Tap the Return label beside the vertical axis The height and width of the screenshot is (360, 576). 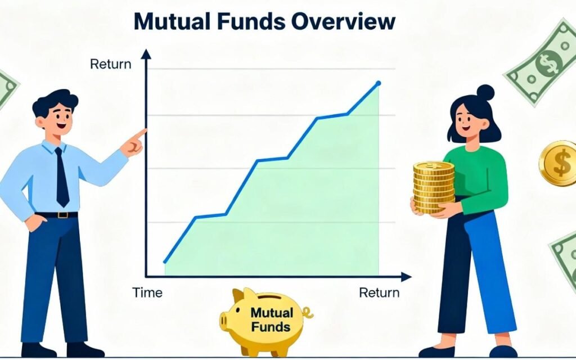(x=110, y=64)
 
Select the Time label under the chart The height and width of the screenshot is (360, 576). (x=147, y=292)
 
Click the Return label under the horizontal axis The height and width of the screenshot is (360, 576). (x=379, y=292)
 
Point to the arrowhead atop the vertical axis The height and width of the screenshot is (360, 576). (x=146, y=55)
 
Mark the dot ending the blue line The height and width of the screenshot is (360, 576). (x=378, y=83)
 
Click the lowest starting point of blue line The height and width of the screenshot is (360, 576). (x=165, y=262)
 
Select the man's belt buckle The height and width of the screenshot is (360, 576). (x=59, y=214)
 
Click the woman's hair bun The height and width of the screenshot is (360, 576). (x=485, y=92)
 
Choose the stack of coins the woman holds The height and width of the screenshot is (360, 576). (x=434, y=186)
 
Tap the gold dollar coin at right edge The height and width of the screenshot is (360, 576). (x=559, y=164)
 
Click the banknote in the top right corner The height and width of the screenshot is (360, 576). (x=543, y=61)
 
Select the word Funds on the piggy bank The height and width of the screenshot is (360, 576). (x=271, y=326)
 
